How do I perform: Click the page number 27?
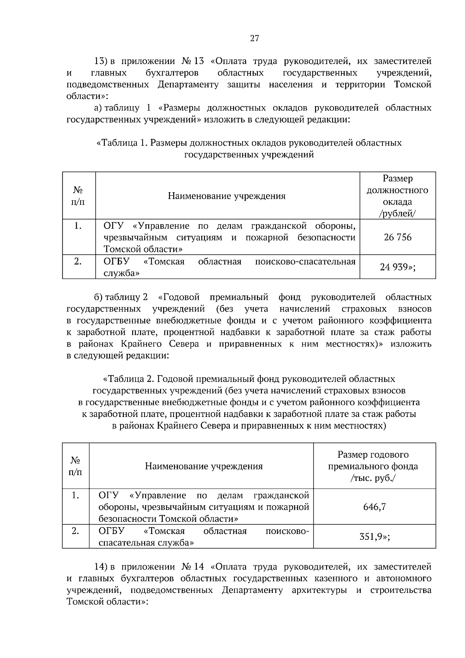point(254,38)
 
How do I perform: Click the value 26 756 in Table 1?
point(398,237)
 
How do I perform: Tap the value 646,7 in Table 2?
point(374,507)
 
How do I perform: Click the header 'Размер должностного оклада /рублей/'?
point(398,196)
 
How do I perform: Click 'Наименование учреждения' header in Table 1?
point(227,196)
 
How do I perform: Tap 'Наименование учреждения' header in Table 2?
point(204,466)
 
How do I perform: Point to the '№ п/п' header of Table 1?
point(78,196)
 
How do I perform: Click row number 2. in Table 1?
point(78,262)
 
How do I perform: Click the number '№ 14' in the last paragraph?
point(192,567)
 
